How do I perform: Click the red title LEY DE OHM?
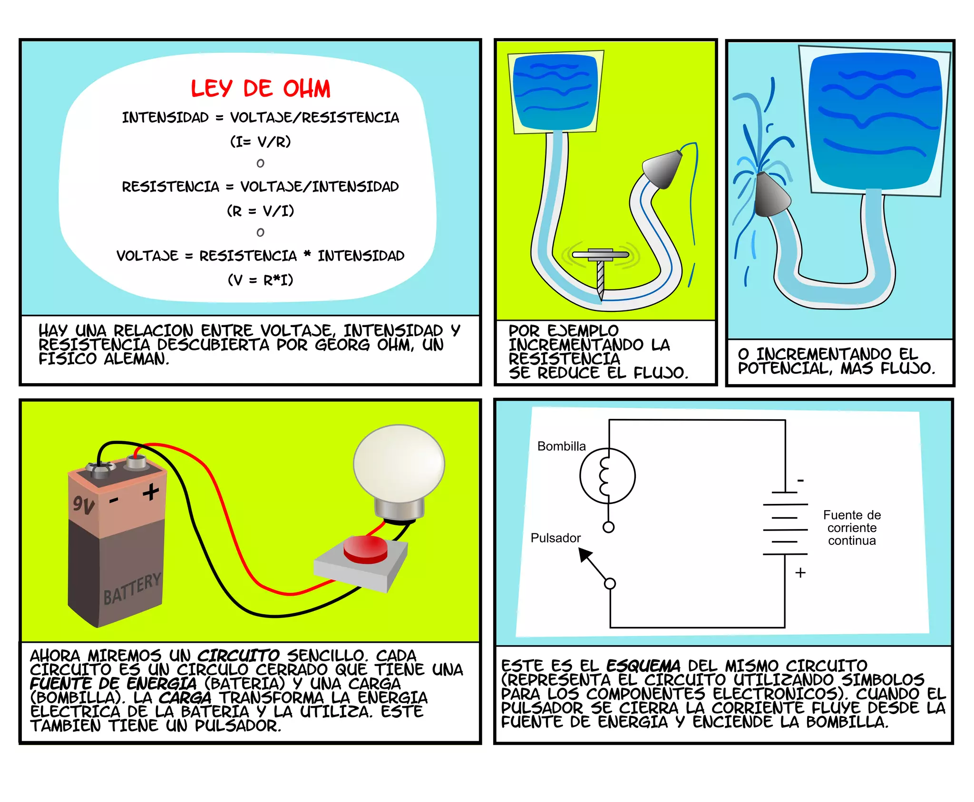[260, 89]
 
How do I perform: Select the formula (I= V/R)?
[260, 142]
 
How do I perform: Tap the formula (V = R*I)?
[260, 280]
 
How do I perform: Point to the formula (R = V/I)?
[260, 211]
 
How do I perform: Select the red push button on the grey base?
[365, 550]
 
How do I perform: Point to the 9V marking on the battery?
[83, 505]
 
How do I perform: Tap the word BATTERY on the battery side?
[132, 589]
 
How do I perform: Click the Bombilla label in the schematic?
[561, 446]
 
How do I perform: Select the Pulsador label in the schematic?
[555, 538]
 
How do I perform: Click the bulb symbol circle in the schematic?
[607, 475]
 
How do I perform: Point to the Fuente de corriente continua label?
[852, 528]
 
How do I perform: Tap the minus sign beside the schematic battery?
[800, 481]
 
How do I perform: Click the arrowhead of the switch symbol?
[584, 554]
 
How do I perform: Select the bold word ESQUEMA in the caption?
[643, 666]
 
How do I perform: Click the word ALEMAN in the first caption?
[137, 359]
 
